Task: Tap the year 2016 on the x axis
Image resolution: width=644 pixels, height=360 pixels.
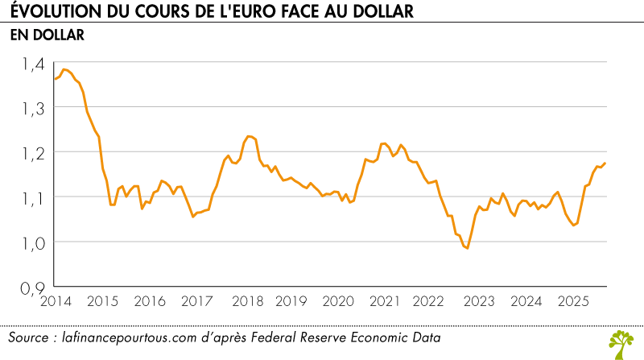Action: [149, 301]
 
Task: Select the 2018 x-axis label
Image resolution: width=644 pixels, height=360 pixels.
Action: [243, 301]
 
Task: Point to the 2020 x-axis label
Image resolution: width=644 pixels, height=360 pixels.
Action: [337, 301]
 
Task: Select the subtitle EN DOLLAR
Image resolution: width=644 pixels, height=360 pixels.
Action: [47, 35]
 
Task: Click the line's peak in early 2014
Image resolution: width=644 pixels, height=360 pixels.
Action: [64, 69]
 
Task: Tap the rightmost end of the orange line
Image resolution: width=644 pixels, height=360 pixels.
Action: [605, 163]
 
